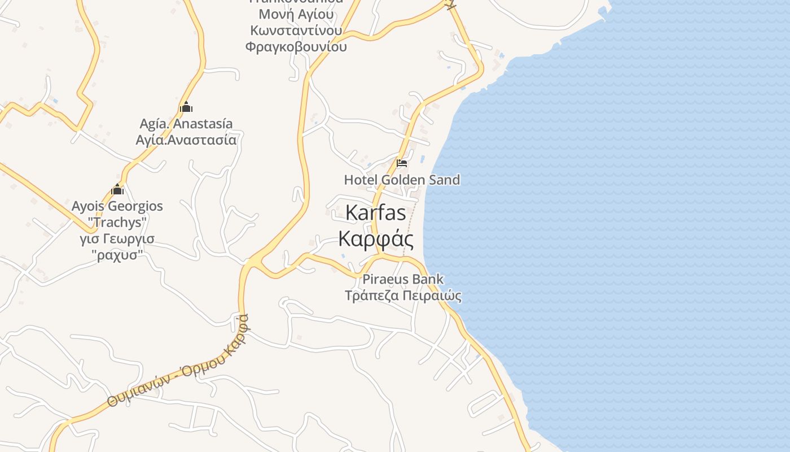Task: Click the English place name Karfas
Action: coord(375,213)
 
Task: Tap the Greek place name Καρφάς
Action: coord(376,238)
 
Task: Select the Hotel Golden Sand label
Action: coord(402,180)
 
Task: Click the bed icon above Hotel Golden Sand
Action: coord(402,163)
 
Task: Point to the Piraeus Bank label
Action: coord(403,279)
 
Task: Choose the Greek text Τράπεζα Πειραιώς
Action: coord(403,295)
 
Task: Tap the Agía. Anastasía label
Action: coord(186,124)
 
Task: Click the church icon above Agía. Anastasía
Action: coord(186,107)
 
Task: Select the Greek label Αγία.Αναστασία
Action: coord(186,140)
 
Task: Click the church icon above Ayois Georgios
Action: coord(117,189)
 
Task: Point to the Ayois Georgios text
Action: coord(117,206)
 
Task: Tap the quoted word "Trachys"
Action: coord(117,222)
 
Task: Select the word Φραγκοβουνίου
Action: coord(296,46)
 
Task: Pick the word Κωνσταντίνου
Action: coord(296,30)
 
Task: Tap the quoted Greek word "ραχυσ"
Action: coord(117,255)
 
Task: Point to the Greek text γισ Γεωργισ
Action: coord(117,238)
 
